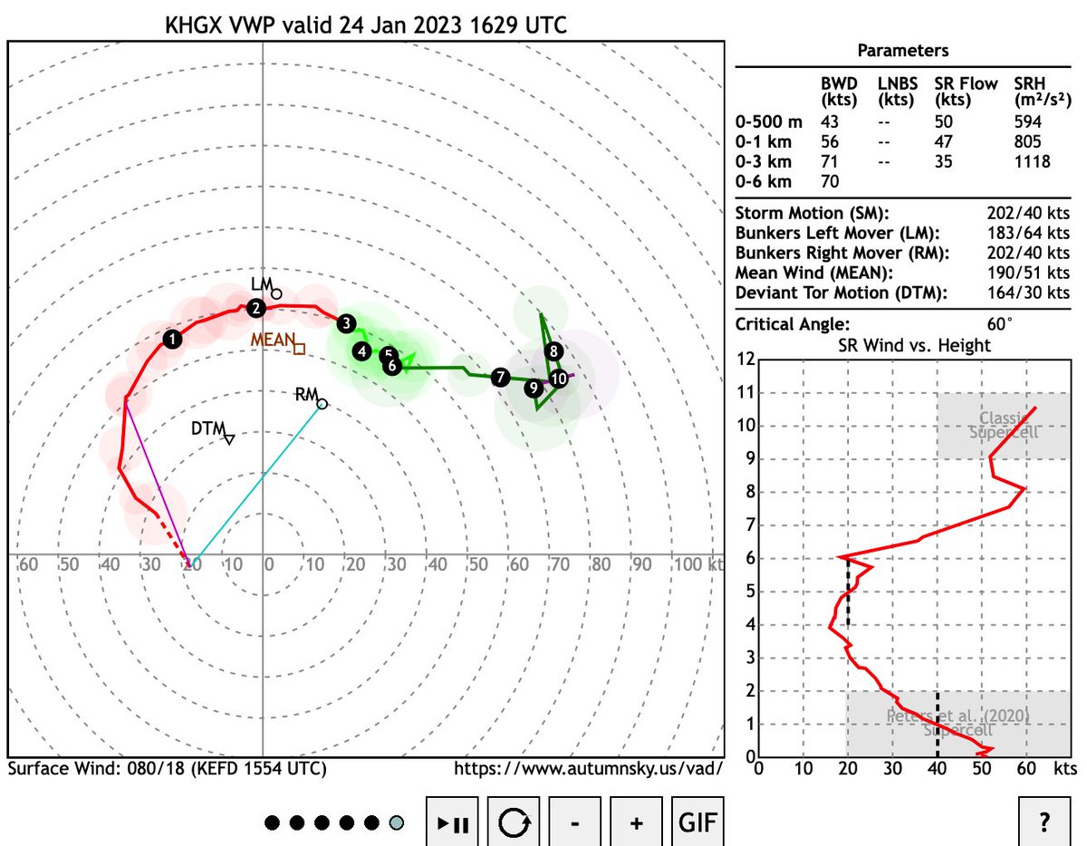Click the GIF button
tap(697, 822)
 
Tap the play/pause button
tap(452, 822)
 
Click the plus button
tap(636, 822)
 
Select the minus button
tap(574, 822)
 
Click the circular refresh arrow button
tap(514, 822)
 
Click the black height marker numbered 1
tap(172, 340)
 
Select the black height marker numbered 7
tap(500, 377)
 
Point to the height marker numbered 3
tap(345, 323)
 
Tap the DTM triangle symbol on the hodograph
tap(229, 439)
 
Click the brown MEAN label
tap(272, 340)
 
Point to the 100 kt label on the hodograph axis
tap(693, 565)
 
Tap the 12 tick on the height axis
tap(746, 359)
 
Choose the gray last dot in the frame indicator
tap(396, 823)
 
